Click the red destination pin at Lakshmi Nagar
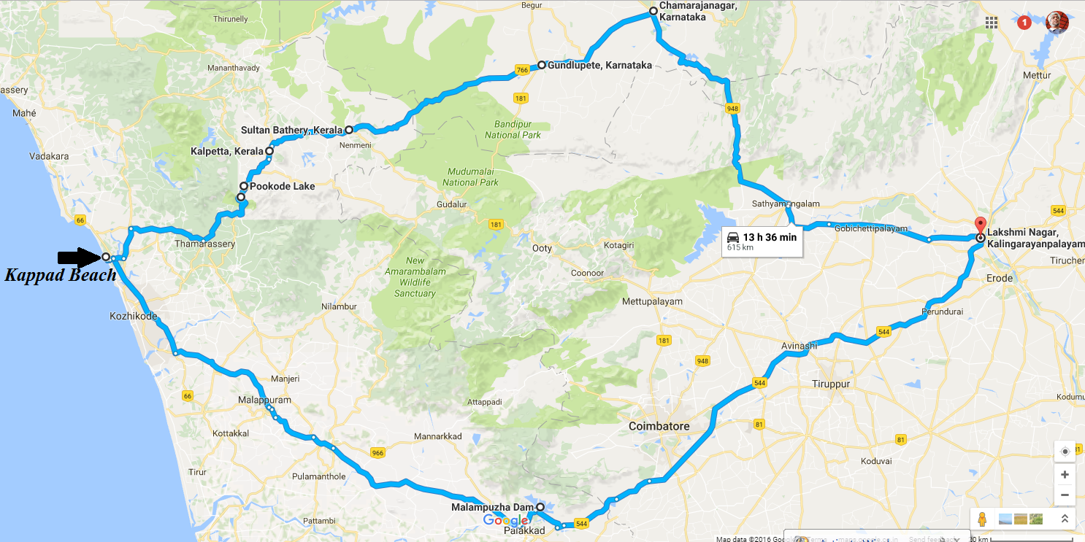(980, 225)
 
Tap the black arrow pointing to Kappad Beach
(78, 257)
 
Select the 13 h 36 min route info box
(762, 241)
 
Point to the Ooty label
(542, 248)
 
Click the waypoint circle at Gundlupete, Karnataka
(542, 65)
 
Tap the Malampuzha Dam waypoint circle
(540, 507)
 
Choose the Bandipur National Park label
(513, 129)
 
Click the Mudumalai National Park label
(471, 177)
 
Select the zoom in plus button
(1065, 475)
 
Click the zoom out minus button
(1065, 494)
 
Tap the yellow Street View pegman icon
(982, 519)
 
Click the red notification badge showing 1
(1024, 23)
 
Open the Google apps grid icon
(992, 23)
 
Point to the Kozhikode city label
(133, 317)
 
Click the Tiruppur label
(832, 383)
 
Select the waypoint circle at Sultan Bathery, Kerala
(349, 130)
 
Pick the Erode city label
(1000, 279)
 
